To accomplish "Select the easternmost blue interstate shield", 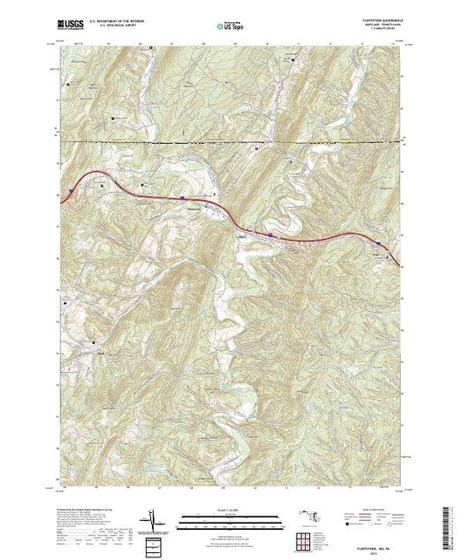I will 379,243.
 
